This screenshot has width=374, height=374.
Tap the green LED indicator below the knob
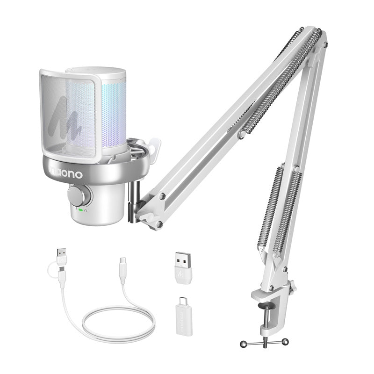pos(80,210)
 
